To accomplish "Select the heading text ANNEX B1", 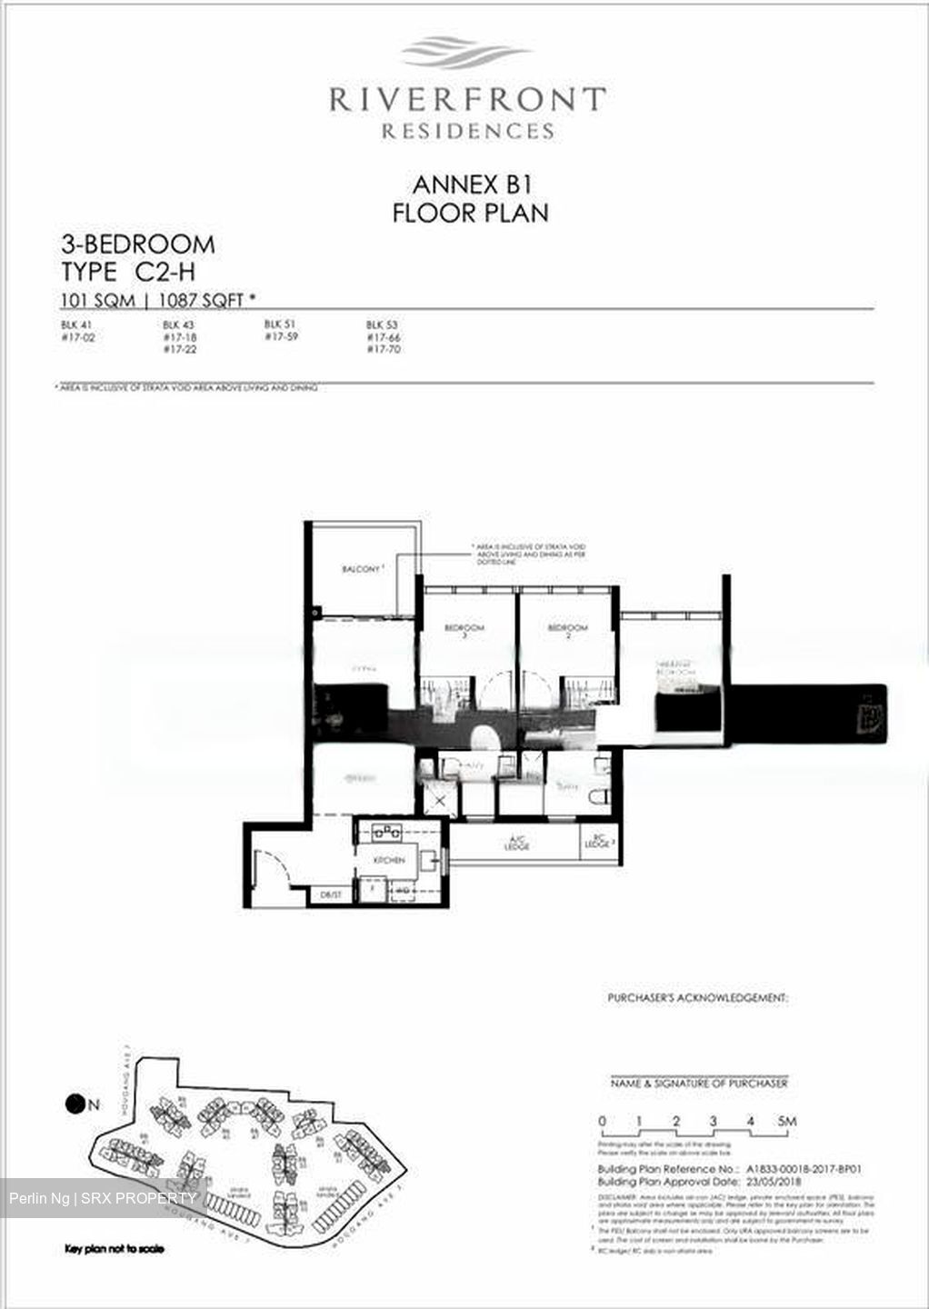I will [471, 185].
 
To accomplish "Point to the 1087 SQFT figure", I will [206, 299].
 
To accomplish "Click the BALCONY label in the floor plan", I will [362, 569].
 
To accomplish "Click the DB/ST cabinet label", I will [331, 895].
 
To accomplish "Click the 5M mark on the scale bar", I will [786, 1121].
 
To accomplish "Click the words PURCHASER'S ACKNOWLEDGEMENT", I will [697, 998].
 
